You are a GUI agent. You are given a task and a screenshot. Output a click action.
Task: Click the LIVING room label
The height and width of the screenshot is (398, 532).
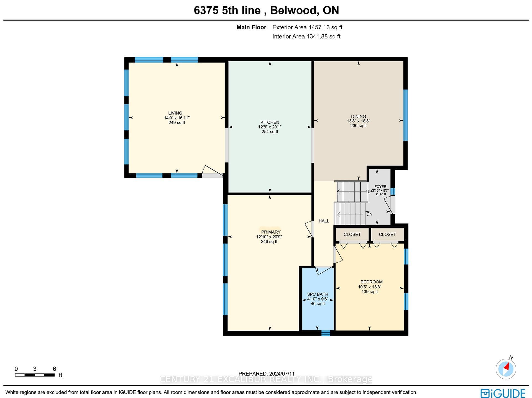[x=175, y=113]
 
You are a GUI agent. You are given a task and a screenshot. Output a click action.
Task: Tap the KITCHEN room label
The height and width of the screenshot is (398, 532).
[x=270, y=122]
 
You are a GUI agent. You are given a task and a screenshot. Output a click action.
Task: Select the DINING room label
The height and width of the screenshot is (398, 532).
[x=358, y=116]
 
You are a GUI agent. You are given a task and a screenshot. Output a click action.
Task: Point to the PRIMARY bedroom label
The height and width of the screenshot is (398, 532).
[x=271, y=232]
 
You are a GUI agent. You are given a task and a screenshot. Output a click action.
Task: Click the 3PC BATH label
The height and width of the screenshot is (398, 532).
[x=318, y=294]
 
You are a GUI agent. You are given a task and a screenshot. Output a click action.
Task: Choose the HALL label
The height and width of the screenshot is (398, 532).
[x=324, y=221]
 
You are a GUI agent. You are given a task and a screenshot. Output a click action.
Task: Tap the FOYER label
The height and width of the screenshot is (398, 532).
[x=380, y=187]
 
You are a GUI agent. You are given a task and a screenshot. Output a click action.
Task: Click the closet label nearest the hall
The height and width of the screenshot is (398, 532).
[x=352, y=234]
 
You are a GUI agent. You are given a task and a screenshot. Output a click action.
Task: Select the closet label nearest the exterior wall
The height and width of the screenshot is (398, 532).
[x=387, y=234]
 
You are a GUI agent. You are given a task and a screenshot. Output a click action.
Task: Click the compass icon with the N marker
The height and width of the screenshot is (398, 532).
[x=506, y=369]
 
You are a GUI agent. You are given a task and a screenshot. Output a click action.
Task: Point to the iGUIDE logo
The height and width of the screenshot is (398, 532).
[x=503, y=393]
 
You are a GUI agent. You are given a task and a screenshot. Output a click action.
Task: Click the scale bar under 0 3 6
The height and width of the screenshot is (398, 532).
[x=35, y=375]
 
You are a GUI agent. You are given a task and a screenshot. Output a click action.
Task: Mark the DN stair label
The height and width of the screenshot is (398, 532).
[x=369, y=214]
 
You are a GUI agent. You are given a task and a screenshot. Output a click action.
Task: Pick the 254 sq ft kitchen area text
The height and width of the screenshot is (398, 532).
[x=270, y=132]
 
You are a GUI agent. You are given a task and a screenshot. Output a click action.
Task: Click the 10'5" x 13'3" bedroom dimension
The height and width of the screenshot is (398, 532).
[x=369, y=287]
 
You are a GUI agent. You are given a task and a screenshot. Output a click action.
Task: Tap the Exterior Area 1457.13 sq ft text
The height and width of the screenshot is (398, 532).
[x=307, y=27]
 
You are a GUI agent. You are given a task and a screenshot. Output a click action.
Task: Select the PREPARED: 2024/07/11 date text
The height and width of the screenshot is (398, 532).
[x=267, y=374]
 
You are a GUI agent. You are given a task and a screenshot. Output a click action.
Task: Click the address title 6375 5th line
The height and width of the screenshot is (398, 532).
[x=227, y=11]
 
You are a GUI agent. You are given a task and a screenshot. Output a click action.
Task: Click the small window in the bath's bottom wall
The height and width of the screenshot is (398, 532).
[x=326, y=333]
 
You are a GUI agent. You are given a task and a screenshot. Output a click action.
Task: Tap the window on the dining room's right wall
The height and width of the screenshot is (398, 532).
[x=405, y=115]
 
